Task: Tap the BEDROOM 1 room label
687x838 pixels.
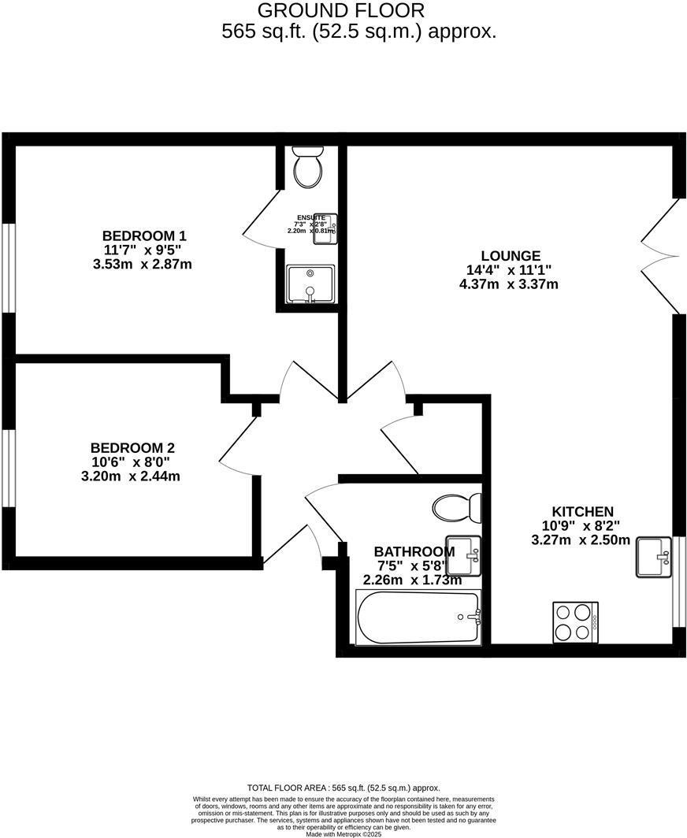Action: click(x=144, y=235)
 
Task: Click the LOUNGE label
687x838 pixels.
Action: click(x=511, y=255)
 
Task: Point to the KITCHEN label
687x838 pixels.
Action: click(x=582, y=511)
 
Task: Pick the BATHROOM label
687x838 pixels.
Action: click(x=413, y=551)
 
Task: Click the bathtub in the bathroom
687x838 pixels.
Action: click(x=418, y=618)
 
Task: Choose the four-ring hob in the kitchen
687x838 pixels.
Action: click(x=575, y=621)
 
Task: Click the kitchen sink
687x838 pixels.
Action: click(x=653, y=557)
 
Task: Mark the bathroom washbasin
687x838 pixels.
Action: click(x=464, y=554)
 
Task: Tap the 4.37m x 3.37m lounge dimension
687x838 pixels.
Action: click(x=509, y=284)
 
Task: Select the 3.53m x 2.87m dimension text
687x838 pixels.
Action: click(x=143, y=264)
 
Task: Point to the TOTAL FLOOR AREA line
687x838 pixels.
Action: click(x=343, y=788)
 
